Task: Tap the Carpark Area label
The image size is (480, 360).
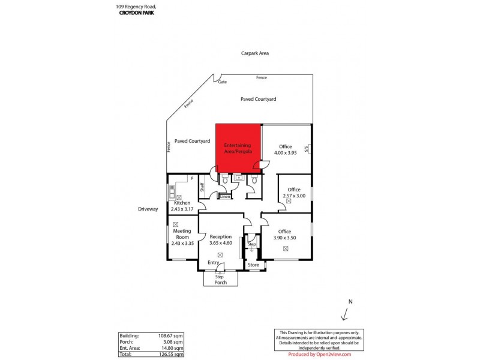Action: point(256,53)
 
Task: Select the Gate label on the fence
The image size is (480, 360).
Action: point(223,82)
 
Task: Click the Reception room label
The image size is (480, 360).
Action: point(221,237)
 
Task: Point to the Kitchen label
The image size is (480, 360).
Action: point(182,203)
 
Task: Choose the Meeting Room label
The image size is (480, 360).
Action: point(182,234)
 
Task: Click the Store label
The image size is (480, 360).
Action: point(253,265)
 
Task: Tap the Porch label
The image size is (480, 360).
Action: point(221,283)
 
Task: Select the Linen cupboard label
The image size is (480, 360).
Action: point(225,197)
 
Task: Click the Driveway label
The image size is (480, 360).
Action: point(148,209)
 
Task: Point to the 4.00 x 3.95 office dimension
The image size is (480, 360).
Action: point(286,153)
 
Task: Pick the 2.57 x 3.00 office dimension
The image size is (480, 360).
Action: point(293,196)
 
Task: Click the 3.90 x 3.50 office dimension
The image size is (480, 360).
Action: point(284,238)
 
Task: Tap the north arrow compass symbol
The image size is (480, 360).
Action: point(345,314)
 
